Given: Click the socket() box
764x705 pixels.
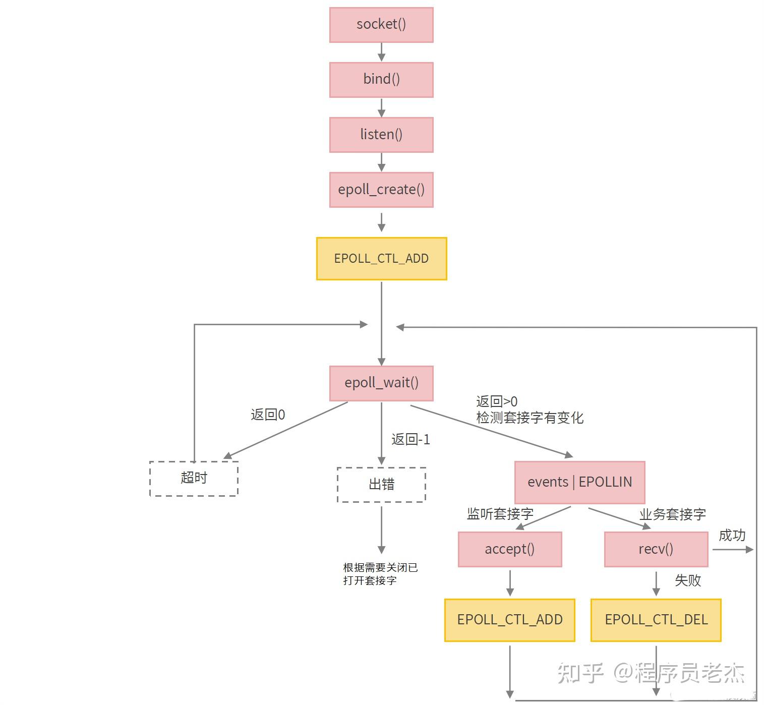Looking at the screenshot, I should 381,25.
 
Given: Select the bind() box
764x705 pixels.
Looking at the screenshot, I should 381,80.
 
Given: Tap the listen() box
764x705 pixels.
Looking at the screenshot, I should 381,135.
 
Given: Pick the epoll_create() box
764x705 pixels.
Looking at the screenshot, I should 381,190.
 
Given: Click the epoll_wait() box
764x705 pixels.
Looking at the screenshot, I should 381,383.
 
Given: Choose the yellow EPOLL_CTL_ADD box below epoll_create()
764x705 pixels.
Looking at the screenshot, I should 381,259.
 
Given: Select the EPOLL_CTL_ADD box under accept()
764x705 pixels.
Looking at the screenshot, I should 509,620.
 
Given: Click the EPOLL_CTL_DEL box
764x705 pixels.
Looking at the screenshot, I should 656,620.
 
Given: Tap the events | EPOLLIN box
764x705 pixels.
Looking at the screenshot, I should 579,482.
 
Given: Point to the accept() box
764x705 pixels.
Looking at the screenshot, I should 509,549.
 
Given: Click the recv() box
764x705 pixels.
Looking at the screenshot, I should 656,549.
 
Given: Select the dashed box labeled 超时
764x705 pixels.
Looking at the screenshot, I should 194,478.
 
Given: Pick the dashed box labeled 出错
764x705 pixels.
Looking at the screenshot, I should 381,485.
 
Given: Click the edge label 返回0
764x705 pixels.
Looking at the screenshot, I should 268,415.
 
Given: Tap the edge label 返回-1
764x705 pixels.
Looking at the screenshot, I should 410,440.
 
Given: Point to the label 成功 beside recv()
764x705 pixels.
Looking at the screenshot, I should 732,536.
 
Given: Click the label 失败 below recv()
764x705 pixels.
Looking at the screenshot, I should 688,580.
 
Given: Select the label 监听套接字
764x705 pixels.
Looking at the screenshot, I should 500,514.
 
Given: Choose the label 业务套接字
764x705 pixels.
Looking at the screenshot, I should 672,515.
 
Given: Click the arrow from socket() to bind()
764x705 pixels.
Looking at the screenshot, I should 381,52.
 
